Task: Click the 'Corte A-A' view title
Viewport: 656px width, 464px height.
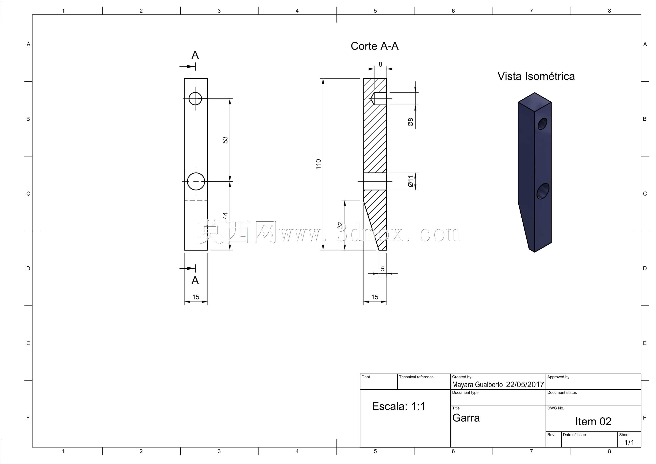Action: [374, 46]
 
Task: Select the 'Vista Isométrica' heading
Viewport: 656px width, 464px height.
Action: [536, 76]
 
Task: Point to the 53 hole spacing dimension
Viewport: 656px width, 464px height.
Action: [225, 140]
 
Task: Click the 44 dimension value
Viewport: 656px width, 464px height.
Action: [225, 216]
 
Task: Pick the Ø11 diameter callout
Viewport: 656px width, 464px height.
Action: [411, 181]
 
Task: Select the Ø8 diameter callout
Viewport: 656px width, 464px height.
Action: [411, 122]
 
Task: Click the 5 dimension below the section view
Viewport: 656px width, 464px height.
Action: [383, 269]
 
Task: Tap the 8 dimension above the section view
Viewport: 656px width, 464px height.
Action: [380, 64]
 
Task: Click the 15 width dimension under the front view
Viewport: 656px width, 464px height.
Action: [196, 297]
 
